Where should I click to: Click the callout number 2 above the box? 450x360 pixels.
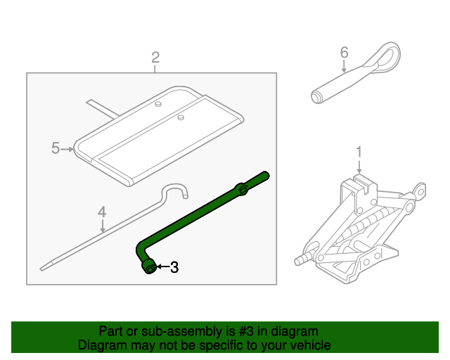click(155, 57)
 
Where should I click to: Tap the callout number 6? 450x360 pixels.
click(344, 53)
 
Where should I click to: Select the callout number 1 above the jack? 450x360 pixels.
click(359, 151)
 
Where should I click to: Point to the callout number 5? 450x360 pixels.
click(56, 148)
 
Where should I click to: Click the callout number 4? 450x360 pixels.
click(102, 211)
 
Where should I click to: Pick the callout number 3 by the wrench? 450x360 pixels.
click(174, 267)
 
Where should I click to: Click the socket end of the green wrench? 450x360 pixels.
click(149, 268)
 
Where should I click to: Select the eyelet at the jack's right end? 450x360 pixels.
click(420, 190)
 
